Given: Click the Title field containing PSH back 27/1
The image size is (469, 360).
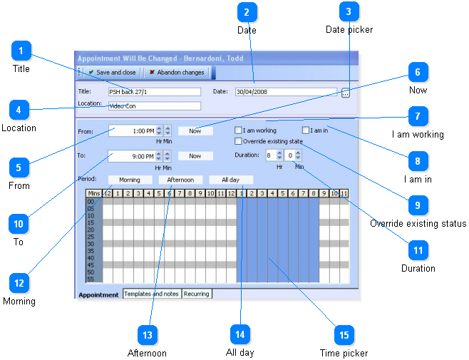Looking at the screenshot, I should tap(154, 92).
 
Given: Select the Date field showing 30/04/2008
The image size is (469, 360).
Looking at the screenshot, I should tap(285, 92).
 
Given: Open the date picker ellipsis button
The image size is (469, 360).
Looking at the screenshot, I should tap(346, 93).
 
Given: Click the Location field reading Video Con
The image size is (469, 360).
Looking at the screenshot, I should tap(154, 106).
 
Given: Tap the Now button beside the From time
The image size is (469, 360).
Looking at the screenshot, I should tap(195, 131).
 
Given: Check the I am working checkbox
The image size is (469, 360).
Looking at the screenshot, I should tap(239, 131).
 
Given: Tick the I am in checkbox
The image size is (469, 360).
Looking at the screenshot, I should tap(306, 131).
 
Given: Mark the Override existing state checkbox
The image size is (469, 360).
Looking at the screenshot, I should tap(239, 141).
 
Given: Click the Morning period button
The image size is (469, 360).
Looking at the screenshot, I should tap(129, 180).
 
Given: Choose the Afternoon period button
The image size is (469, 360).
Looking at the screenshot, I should tap(180, 180).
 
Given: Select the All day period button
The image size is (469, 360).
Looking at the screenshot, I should tap(231, 180).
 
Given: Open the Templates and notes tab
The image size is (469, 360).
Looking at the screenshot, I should tap(151, 294).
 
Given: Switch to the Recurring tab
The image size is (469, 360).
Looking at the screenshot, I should tap(197, 294).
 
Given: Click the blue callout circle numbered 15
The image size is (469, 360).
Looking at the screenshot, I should tap(344, 334).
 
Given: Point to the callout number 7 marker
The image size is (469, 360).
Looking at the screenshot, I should tap(418, 115).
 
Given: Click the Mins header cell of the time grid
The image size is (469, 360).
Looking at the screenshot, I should tap(94, 193).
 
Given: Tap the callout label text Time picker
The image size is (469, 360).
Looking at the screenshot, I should tap(344, 353).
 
